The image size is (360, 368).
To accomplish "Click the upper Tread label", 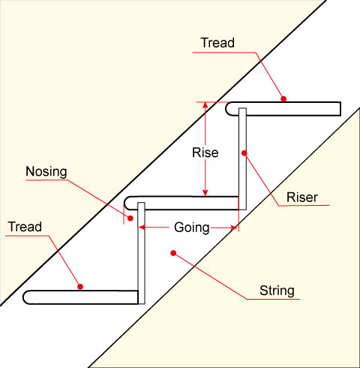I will click(x=217, y=44).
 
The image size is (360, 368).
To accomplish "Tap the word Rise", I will click(x=205, y=152).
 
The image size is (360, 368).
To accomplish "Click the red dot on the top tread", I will click(x=283, y=98).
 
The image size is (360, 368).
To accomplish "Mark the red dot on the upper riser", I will click(x=244, y=154).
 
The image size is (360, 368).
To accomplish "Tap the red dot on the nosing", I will click(x=130, y=218).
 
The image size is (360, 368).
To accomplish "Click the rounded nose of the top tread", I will click(x=230, y=109).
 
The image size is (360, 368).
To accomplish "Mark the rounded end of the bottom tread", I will click(x=29, y=297).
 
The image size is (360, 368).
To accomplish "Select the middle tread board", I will click(x=187, y=202).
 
